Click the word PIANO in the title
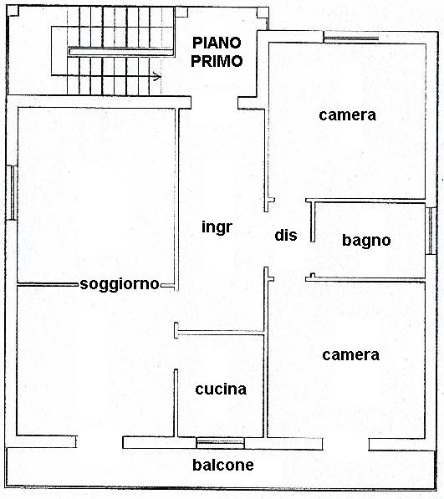coord(217,43)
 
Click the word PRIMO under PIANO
coord(217,61)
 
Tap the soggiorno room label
coord(120,284)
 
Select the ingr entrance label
coord(217,227)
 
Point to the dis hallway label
coord(286,235)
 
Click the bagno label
coord(366,241)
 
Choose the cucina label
coord(221,390)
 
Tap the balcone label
coord(223,465)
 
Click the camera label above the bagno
coord(347,115)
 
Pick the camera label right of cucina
coord(350,355)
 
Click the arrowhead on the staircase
coord(156,76)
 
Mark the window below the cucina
coord(220,442)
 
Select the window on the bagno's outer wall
coord(431,231)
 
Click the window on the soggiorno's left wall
coord(12,192)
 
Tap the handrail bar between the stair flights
coord(121,52)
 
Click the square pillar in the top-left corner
coord(13,11)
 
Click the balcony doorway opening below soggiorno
coord(100,442)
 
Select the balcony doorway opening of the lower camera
coord(346,445)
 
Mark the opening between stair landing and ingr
coord(215,103)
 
